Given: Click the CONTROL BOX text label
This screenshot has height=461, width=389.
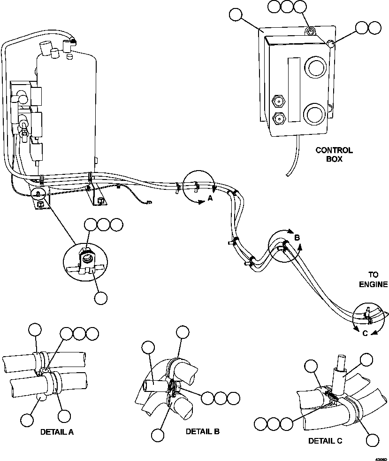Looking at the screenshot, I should pyautogui.click(x=334, y=155).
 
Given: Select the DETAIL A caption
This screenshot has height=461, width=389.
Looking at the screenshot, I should pyautogui.click(x=57, y=431).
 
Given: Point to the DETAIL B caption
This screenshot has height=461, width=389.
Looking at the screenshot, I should pyautogui.click(x=202, y=431).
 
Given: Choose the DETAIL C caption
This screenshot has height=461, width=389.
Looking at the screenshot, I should pyautogui.click(x=325, y=441).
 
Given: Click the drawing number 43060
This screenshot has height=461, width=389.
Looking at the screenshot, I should pyautogui.click(x=381, y=458).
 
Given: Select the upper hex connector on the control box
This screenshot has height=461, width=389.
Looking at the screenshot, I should pyautogui.click(x=277, y=100).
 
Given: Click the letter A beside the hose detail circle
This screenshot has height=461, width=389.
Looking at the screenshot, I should pyautogui.click(x=210, y=199).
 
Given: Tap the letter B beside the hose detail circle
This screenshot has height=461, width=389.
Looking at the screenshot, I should pyautogui.click(x=297, y=238).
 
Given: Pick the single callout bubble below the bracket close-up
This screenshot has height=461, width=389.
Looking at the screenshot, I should pyautogui.click(x=101, y=297).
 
